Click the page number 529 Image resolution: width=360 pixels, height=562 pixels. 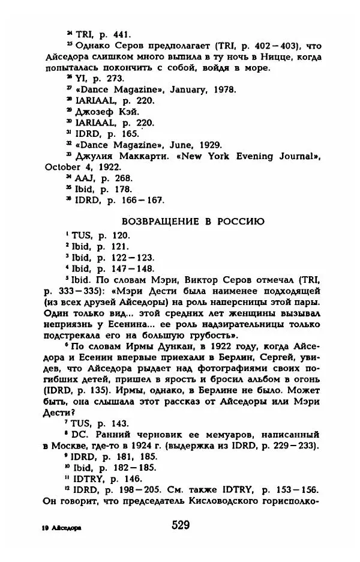179,525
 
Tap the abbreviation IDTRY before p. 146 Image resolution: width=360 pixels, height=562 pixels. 91,479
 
